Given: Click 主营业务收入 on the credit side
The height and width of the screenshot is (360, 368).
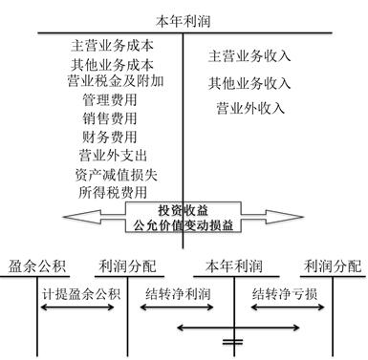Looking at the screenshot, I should click(x=250, y=56).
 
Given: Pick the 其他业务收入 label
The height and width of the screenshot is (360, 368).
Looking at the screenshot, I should click(x=250, y=83).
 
